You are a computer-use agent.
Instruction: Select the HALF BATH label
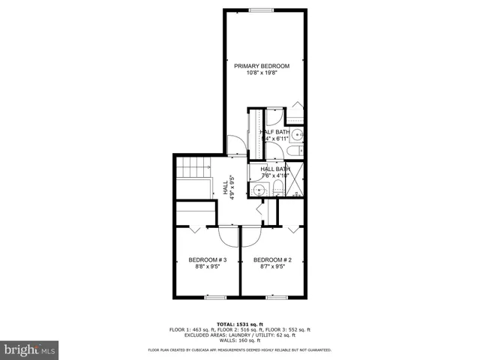point(275,132)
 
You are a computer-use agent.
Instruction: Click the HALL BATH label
point(275,169)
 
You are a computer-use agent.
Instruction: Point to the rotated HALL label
point(225,187)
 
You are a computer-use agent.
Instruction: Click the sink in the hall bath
point(260,190)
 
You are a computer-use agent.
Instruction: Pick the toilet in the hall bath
point(277,188)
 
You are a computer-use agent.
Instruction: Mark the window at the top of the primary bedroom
point(260,10)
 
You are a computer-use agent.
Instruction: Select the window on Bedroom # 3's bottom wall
point(216,298)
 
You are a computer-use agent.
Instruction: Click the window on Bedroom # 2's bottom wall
point(274,298)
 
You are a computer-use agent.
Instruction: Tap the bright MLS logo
point(30,349)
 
